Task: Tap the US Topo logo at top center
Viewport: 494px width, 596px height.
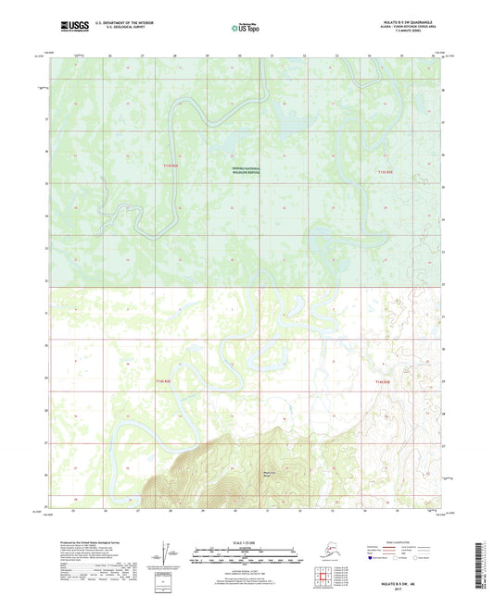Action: coord(245,30)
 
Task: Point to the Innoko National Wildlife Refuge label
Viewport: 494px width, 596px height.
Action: coord(247,169)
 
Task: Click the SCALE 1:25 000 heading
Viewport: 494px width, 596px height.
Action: coord(246,542)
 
